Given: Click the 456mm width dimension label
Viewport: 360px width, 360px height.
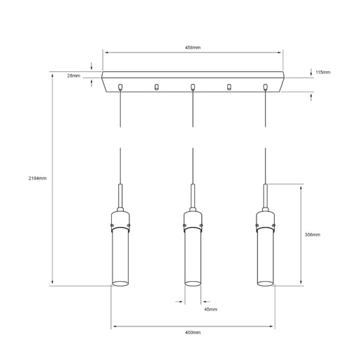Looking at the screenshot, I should coord(193,48).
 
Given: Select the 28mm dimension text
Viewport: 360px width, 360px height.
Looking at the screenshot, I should coord(74,75).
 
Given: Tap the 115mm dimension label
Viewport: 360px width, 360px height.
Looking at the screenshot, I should coord(322,72).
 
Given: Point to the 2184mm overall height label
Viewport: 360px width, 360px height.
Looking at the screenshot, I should coord(37,178).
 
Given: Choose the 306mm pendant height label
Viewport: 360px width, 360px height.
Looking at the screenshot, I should coord(312,235).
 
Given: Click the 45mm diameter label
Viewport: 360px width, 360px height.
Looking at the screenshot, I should coord(210,308).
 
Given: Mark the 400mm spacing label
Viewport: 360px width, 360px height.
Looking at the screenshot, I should coord(193,333).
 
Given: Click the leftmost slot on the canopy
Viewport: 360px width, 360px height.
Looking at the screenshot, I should coord(121,87).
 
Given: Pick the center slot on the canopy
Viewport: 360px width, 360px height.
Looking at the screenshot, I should coord(193,87).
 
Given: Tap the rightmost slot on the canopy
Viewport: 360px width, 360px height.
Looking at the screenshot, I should coord(265,87).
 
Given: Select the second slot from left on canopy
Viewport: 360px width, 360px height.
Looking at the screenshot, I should coord(157,87).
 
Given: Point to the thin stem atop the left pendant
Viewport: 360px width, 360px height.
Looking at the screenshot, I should coord(122,196).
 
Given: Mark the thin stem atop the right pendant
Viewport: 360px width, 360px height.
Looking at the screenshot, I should coord(264,196).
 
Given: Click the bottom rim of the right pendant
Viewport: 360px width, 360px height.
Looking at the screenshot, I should coord(264,284).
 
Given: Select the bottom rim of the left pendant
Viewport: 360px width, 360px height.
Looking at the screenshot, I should coord(122,284).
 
